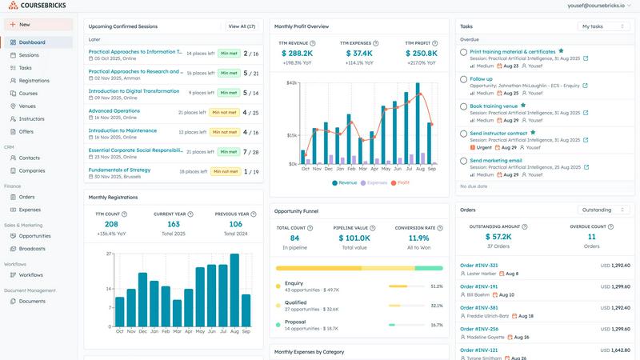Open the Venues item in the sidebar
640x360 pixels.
pyautogui.click(x=27, y=106)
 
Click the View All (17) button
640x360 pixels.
pyautogui.click(x=242, y=26)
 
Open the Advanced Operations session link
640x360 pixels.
pyautogui.click(x=114, y=111)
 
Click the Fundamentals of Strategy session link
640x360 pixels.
pyautogui.click(x=119, y=170)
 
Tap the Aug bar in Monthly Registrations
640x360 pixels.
pyautogui.click(x=234, y=290)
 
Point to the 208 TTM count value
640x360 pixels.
pyautogui.click(x=111, y=225)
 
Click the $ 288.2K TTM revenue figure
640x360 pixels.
pyautogui.click(x=297, y=54)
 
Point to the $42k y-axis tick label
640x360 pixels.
pyautogui.click(x=291, y=82)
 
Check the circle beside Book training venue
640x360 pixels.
pyautogui.click(x=464, y=106)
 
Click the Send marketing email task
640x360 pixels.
pyautogui.click(x=495, y=160)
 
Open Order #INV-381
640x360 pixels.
pyautogui.click(x=479, y=307)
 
